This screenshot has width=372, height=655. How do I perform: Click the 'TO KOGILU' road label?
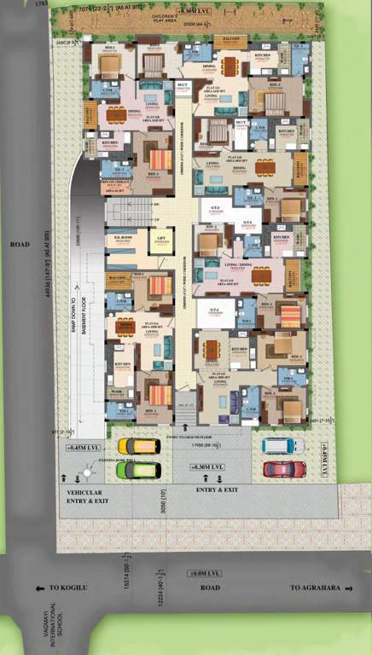(x=61, y=588)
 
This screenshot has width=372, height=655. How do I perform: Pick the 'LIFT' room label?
(x=158, y=241)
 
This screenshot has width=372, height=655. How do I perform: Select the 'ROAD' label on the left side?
(x=20, y=245)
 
